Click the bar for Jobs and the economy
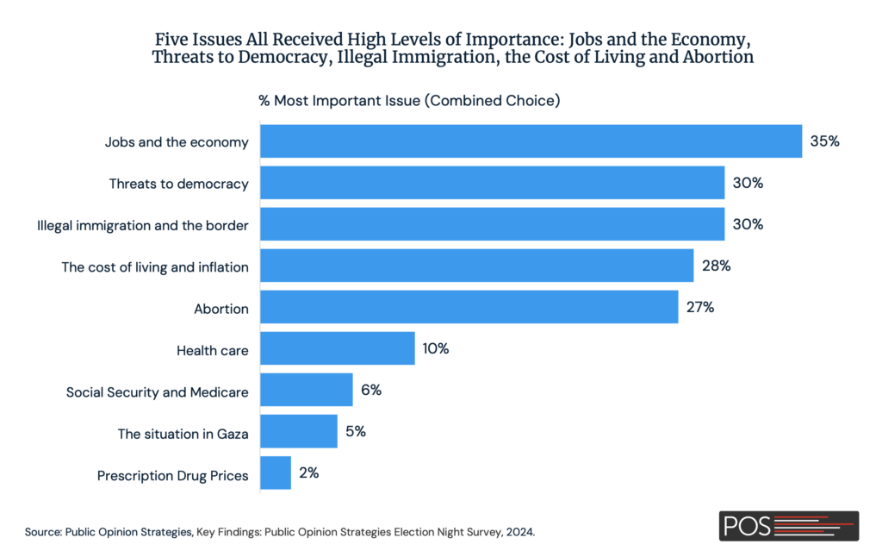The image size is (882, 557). point(531,141)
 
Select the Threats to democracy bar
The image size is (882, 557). point(492,183)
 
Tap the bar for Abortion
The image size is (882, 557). point(469,307)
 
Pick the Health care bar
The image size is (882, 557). point(337,348)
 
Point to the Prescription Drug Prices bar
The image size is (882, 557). point(275,473)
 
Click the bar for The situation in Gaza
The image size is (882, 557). point(298,432)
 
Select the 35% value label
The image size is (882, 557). point(824,141)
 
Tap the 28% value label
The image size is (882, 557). point(716,266)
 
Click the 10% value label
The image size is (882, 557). point(435,348)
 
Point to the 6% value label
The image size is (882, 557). point(371,390)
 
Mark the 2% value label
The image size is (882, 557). point(309,473)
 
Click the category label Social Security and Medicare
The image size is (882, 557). point(158,392)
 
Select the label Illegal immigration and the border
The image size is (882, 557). point(143,226)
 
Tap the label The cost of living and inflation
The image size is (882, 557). point(155,267)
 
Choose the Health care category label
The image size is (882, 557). point(213,351)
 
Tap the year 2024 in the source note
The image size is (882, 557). point(519,532)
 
